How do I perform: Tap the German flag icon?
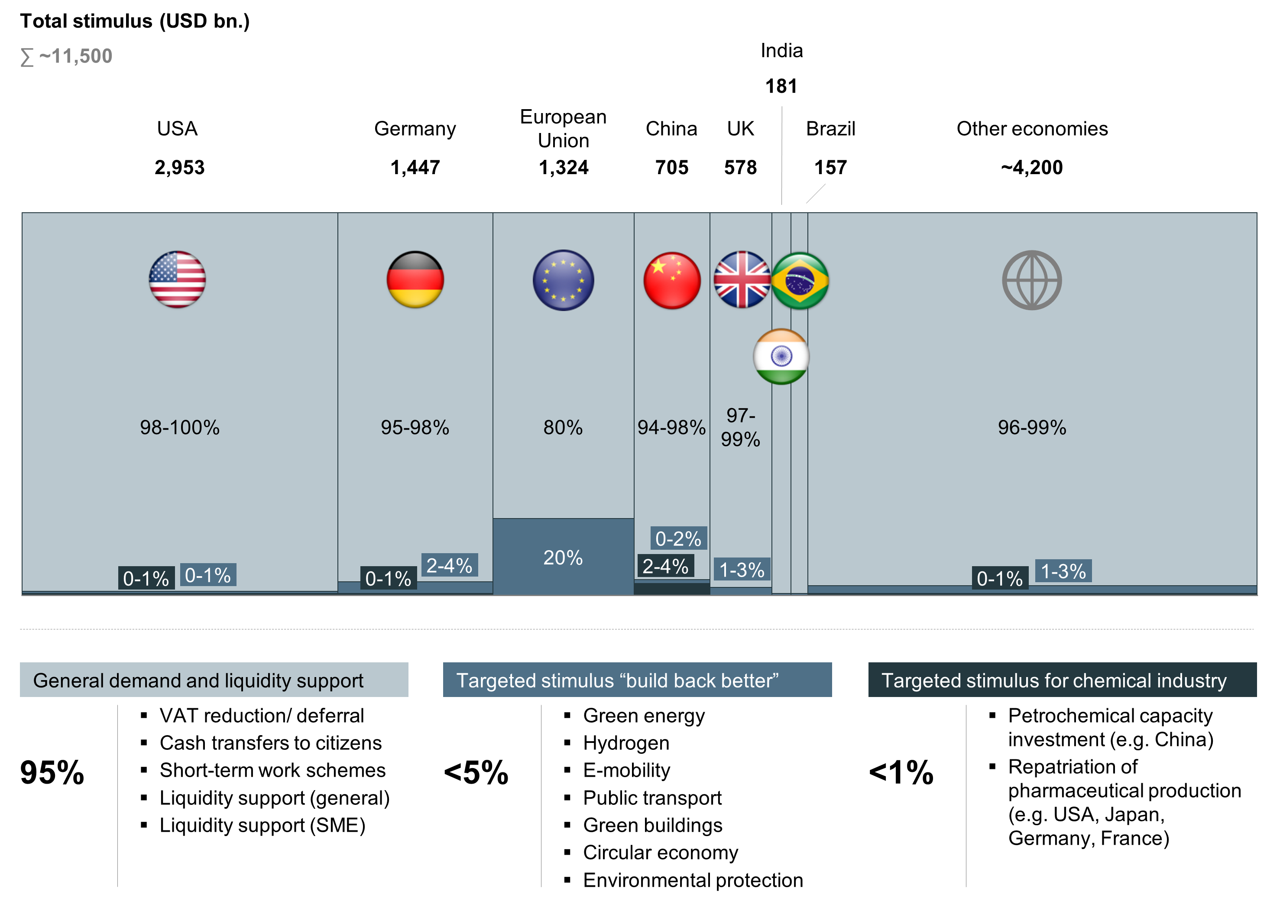(x=415, y=279)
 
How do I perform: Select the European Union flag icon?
(x=563, y=280)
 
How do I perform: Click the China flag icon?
(x=672, y=280)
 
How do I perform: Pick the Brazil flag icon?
(x=800, y=280)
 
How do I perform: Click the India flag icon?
(x=781, y=357)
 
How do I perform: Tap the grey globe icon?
(x=1031, y=280)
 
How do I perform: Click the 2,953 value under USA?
(x=180, y=167)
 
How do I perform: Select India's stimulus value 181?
(x=781, y=86)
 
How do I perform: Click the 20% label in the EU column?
(x=563, y=558)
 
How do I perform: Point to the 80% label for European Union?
(x=563, y=428)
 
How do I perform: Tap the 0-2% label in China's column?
(x=678, y=538)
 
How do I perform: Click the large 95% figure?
(x=52, y=772)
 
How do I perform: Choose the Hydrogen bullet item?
(x=626, y=742)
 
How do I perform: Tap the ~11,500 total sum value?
(x=75, y=56)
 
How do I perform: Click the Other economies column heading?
(x=1032, y=128)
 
